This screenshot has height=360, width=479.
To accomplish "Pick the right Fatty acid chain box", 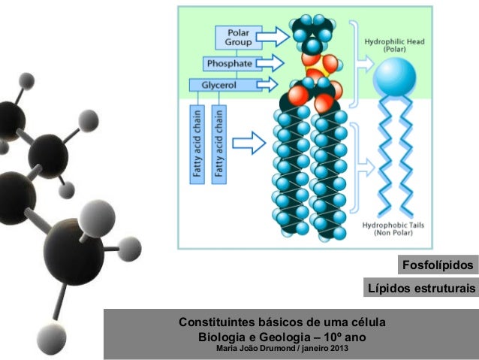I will point(219,143).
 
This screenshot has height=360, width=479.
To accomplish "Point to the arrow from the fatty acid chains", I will point(249,142).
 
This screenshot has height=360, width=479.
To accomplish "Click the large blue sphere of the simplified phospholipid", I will point(395,76).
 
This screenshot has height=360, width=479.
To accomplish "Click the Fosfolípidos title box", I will point(438,266).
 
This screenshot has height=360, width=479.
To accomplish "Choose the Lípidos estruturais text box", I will point(420,289).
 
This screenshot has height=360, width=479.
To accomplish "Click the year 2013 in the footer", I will point(335,349).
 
